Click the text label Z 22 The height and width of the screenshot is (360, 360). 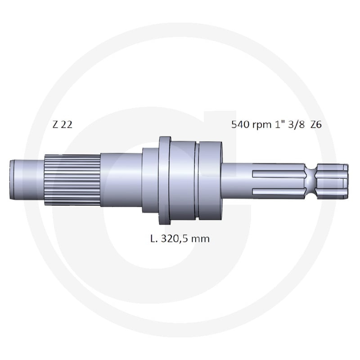tap(62, 125)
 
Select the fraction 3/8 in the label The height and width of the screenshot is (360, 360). tap(297, 125)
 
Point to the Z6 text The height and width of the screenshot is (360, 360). tap(316, 125)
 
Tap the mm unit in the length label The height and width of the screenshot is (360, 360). tap(200, 240)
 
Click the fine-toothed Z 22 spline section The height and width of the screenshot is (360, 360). tap(72, 180)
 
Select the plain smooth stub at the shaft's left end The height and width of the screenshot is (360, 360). tap(27, 180)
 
